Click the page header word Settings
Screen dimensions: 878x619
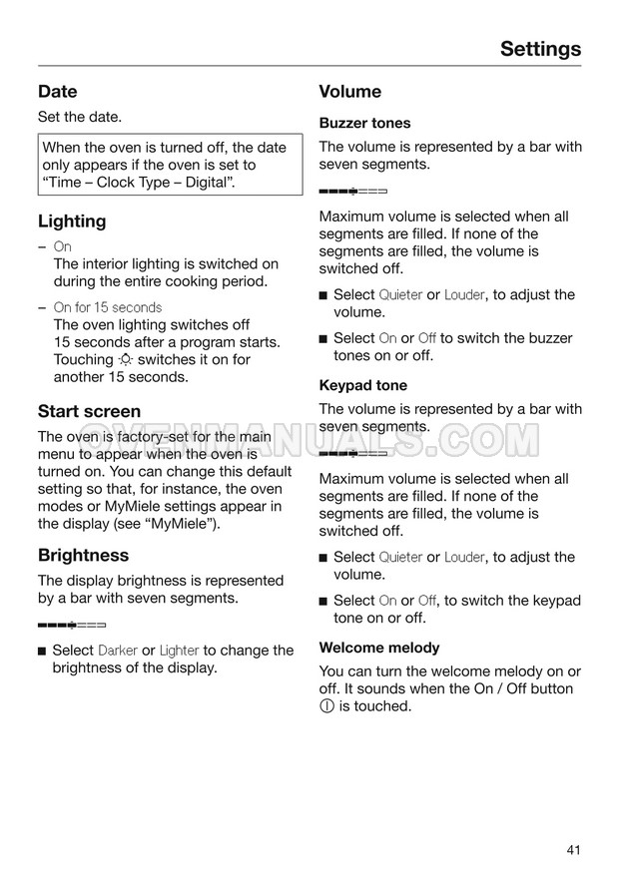click(540, 48)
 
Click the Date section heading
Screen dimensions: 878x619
click(57, 92)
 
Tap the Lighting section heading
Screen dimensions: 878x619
click(72, 220)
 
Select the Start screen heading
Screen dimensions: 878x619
click(89, 411)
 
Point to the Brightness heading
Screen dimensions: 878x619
click(83, 555)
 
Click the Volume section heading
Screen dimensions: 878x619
click(349, 92)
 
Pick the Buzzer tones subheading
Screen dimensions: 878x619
click(364, 123)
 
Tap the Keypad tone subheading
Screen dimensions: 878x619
click(362, 385)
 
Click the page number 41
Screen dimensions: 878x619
click(572, 850)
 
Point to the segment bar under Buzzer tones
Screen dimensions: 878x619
click(352, 190)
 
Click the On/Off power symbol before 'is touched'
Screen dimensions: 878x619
click(327, 706)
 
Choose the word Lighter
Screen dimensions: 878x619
click(179, 651)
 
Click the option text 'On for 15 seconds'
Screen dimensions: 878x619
click(107, 307)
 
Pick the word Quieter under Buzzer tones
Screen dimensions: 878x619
click(400, 295)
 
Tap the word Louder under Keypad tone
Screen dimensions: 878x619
click(464, 558)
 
